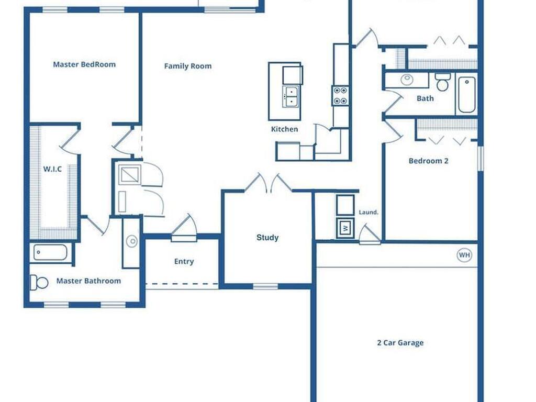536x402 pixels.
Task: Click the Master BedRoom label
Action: point(84,65)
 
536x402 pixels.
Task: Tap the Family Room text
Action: point(188,66)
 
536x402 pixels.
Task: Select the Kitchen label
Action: point(284,129)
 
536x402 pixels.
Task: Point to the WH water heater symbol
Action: point(464,255)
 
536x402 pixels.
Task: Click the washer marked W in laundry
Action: point(345,228)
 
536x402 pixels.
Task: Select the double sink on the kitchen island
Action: point(290,97)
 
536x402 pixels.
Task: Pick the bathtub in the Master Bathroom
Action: point(50,252)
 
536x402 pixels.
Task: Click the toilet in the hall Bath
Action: point(443,82)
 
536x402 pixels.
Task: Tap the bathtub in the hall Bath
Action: point(466,94)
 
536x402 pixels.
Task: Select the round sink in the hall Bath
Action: point(407,80)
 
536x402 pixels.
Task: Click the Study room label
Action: point(267,238)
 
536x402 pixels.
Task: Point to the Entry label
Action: point(184,262)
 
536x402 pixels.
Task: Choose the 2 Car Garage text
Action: point(400,343)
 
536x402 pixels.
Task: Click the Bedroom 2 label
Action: point(428,161)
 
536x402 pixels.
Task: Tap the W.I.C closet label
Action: point(52,169)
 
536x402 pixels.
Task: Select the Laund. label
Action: point(368,213)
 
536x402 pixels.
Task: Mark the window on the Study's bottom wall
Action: point(265,286)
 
